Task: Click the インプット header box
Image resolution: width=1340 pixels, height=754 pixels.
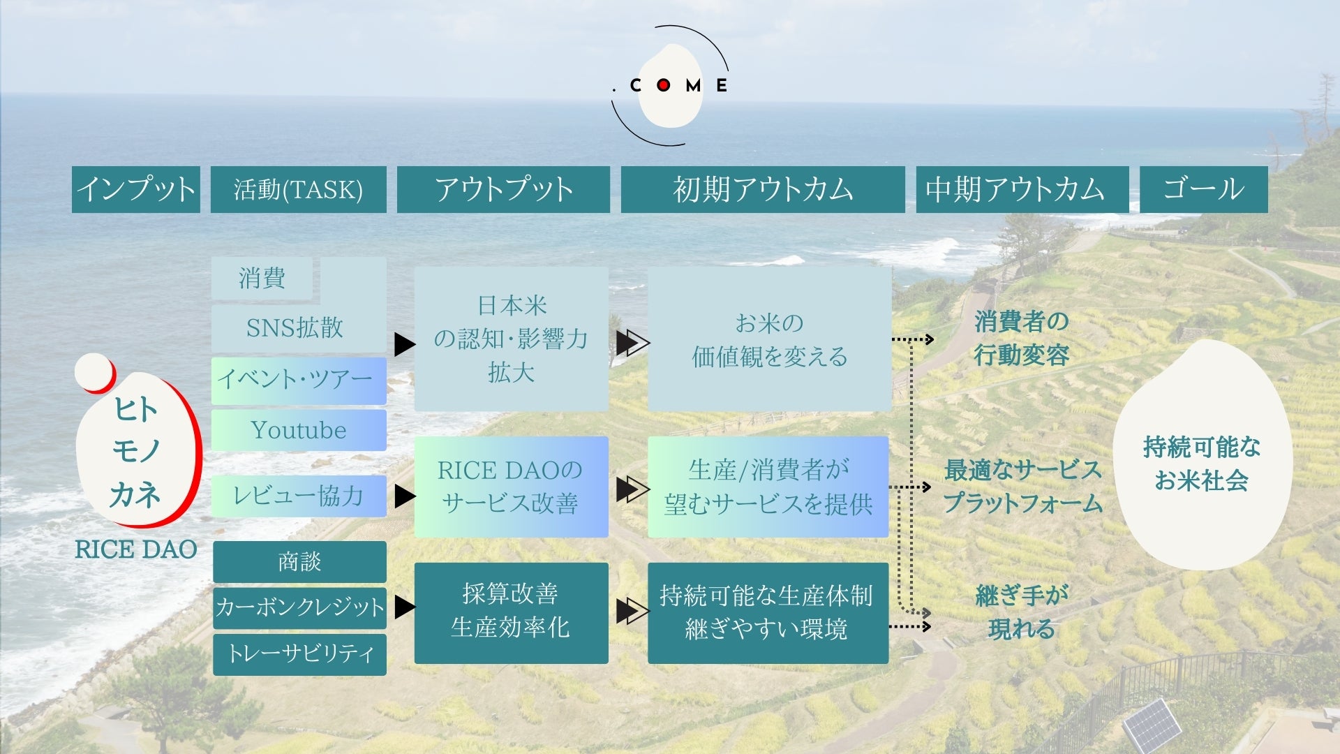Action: pyautogui.click(x=136, y=189)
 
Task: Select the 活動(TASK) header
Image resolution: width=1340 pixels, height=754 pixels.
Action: pyautogui.click(x=298, y=189)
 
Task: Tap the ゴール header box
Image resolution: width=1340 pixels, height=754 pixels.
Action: pyautogui.click(x=1203, y=189)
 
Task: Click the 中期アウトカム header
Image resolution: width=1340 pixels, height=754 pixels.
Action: pyautogui.click(x=1022, y=189)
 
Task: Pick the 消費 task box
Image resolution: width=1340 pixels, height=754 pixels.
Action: pyautogui.click(x=262, y=278)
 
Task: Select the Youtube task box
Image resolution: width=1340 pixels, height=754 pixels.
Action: pyautogui.click(x=299, y=430)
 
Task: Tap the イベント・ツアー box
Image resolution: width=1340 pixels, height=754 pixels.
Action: pyautogui.click(x=299, y=380)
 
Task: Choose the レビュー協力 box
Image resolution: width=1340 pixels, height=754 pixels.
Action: pyautogui.click(x=299, y=496)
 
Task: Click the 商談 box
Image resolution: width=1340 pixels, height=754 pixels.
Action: pyautogui.click(x=299, y=561)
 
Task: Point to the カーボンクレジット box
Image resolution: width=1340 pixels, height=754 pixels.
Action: pyautogui.click(x=299, y=607)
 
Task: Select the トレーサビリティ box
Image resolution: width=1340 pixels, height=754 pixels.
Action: pyautogui.click(x=299, y=654)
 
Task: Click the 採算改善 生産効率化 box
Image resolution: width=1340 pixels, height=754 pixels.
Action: pyautogui.click(x=511, y=612)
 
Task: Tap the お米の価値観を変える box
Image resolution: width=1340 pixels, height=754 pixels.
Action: pyautogui.click(x=769, y=339)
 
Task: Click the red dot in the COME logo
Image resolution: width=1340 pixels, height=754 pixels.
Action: pyautogui.click(x=663, y=85)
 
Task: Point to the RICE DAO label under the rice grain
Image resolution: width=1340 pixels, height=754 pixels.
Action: pyautogui.click(x=136, y=549)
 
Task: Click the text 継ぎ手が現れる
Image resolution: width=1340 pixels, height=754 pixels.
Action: pyautogui.click(x=1022, y=612)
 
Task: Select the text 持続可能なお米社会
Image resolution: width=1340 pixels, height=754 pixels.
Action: pyautogui.click(x=1202, y=463)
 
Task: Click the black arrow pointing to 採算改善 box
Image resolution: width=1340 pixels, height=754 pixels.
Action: pyautogui.click(x=404, y=607)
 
